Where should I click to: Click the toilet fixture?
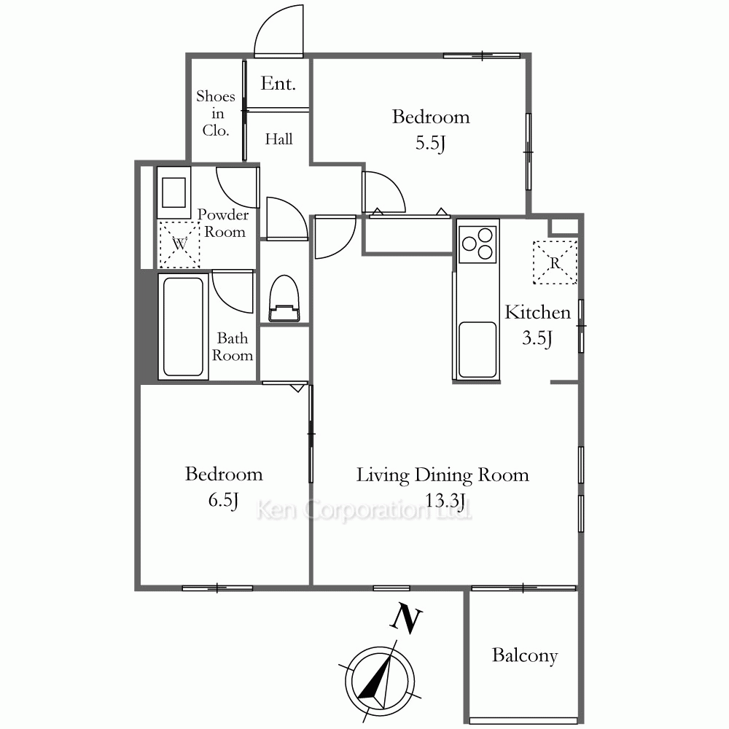pos(284,298)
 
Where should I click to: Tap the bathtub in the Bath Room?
pos(183,327)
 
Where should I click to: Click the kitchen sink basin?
pos(477,350)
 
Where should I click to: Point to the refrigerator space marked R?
pos(555,262)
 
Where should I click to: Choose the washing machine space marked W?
pos(179,244)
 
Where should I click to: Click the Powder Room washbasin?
pos(174,192)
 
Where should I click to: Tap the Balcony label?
pos(525,655)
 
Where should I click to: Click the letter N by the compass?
pos(405,619)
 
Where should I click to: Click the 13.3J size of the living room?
pos(445,501)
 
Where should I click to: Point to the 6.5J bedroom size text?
pos(223,500)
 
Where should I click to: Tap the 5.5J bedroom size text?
pos(431,143)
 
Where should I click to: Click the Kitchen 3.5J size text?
pos(537,338)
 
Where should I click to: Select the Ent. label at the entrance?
pos(278,84)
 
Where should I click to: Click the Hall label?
pos(279,139)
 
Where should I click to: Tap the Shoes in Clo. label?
pos(216,114)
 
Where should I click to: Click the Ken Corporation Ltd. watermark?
pos(364,510)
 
